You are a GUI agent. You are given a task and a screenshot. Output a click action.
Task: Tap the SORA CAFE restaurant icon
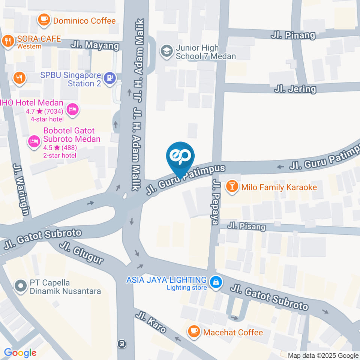[7, 42]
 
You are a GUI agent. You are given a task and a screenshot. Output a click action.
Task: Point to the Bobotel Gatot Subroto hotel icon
[34, 141]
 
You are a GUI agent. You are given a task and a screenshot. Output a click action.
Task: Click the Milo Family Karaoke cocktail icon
[232, 187]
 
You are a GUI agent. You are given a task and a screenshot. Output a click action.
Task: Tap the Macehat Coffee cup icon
[194, 331]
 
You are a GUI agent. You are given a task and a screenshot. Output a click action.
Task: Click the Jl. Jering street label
[295, 89]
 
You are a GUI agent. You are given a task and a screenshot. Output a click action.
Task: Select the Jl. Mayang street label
[95, 46]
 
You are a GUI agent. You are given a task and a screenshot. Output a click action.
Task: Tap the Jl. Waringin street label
[21, 189]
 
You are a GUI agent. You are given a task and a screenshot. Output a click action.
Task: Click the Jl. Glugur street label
[81, 253]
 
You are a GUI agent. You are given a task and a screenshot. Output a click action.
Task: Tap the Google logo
[20, 352]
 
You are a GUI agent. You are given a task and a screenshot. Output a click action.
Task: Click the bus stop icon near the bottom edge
[121, 343]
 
